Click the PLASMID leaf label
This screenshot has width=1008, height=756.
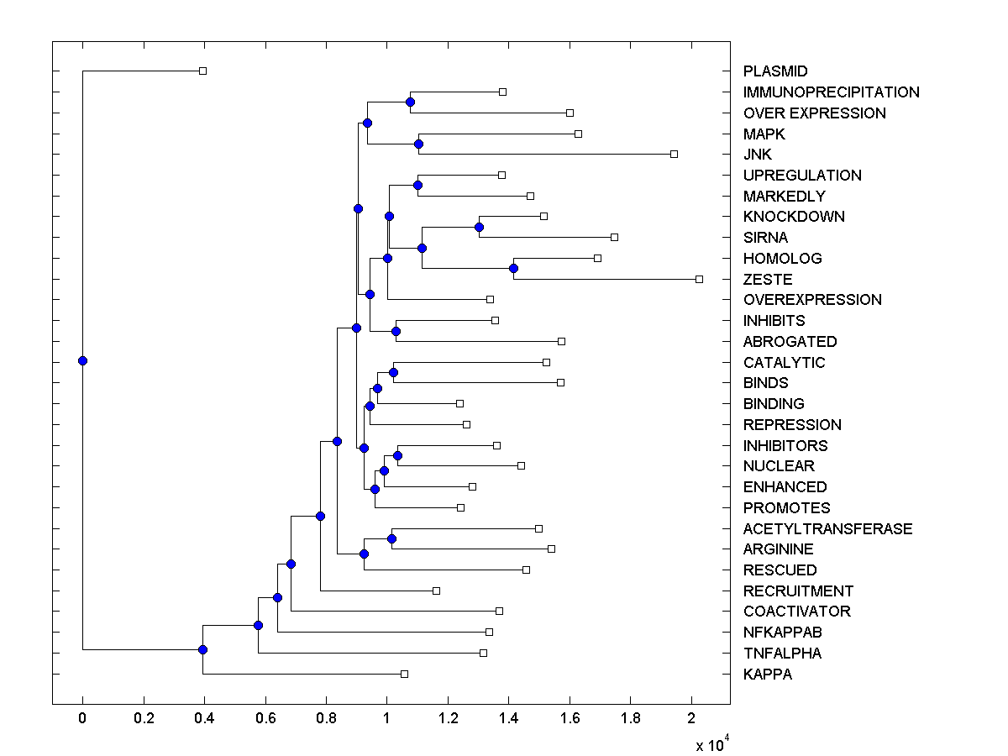(x=775, y=71)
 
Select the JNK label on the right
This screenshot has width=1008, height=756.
(x=758, y=155)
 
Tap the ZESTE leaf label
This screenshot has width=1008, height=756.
(x=768, y=280)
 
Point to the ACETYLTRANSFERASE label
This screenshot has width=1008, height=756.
(x=827, y=528)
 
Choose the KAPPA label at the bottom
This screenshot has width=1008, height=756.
(x=768, y=675)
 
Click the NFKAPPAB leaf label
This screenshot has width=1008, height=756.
(x=783, y=633)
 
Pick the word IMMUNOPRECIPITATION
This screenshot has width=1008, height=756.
(x=831, y=92)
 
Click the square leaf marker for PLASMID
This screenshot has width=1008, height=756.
(x=202, y=71)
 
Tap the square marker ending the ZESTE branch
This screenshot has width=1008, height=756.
(x=699, y=279)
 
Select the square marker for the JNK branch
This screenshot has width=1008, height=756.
(x=674, y=154)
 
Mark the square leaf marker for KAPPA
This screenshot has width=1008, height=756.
(x=404, y=674)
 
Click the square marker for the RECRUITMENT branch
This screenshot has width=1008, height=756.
(x=436, y=591)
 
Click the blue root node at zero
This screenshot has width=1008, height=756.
(x=82, y=361)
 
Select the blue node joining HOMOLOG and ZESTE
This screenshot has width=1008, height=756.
(x=513, y=269)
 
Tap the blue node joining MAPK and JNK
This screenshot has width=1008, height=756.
(x=418, y=144)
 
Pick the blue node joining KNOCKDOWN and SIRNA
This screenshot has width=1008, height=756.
(x=479, y=227)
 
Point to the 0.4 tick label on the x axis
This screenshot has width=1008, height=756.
(x=204, y=718)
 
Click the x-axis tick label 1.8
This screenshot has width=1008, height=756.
(x=631, y=718)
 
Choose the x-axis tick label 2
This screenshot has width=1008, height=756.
(x=691, y=718)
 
